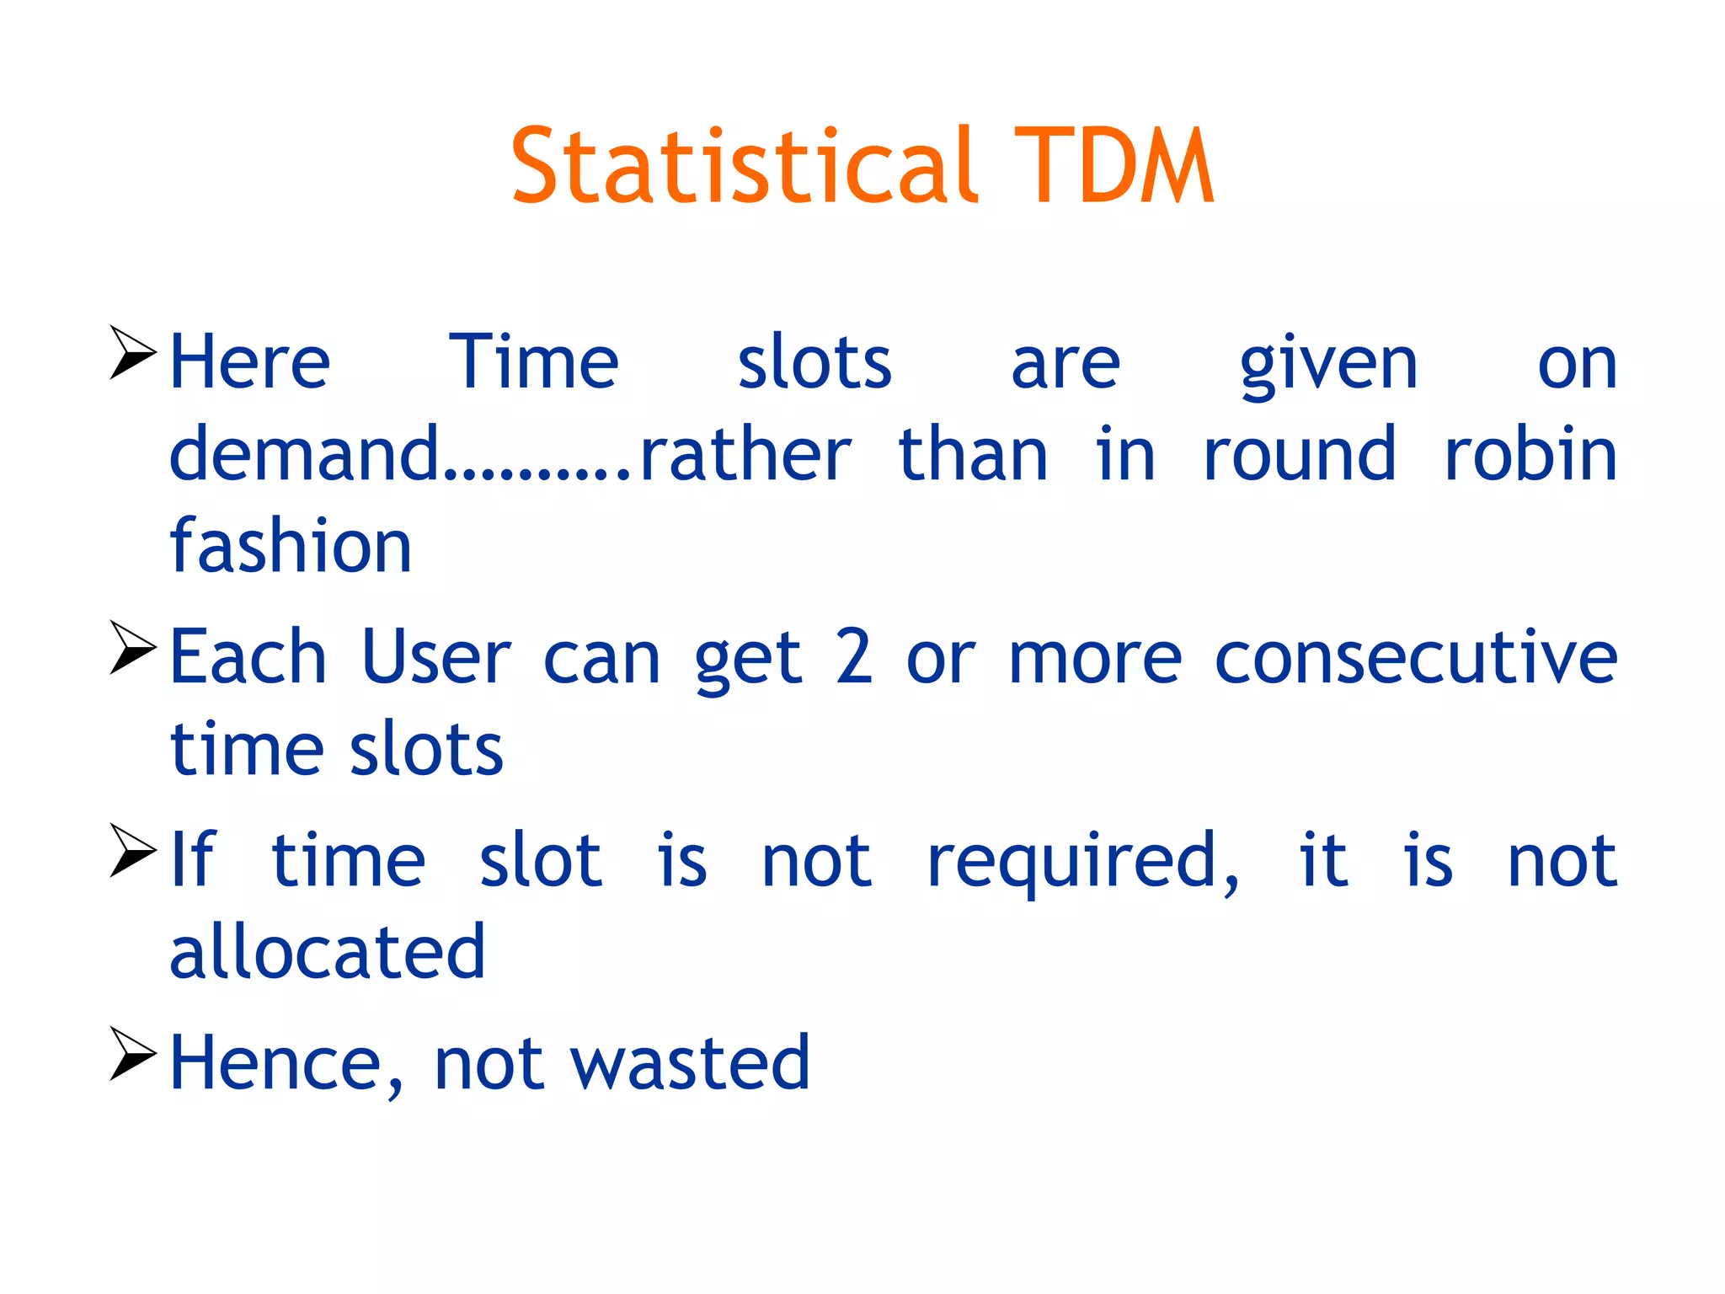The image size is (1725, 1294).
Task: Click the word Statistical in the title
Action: tap(745, 166)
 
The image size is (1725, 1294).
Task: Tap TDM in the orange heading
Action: tap(1113, 166)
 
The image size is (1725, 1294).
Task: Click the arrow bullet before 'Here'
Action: tap(133, 353)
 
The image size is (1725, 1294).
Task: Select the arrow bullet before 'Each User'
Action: tap(133, 648)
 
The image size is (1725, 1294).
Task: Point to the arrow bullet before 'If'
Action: tap(133, 851)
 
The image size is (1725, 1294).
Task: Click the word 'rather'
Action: tap(745, 455)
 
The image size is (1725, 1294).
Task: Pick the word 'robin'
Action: tap(1530, 455)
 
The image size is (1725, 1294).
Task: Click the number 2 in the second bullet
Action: tap(853, 658)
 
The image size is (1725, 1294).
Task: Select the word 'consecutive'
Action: tap(1415, 658)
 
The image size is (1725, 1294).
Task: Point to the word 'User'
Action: tap(435, 658)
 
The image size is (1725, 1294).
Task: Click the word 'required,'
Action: tap(1083, 861)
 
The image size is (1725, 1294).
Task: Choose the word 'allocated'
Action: tap(328, 952)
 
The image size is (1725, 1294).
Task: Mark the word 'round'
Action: tap(1299, 455)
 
